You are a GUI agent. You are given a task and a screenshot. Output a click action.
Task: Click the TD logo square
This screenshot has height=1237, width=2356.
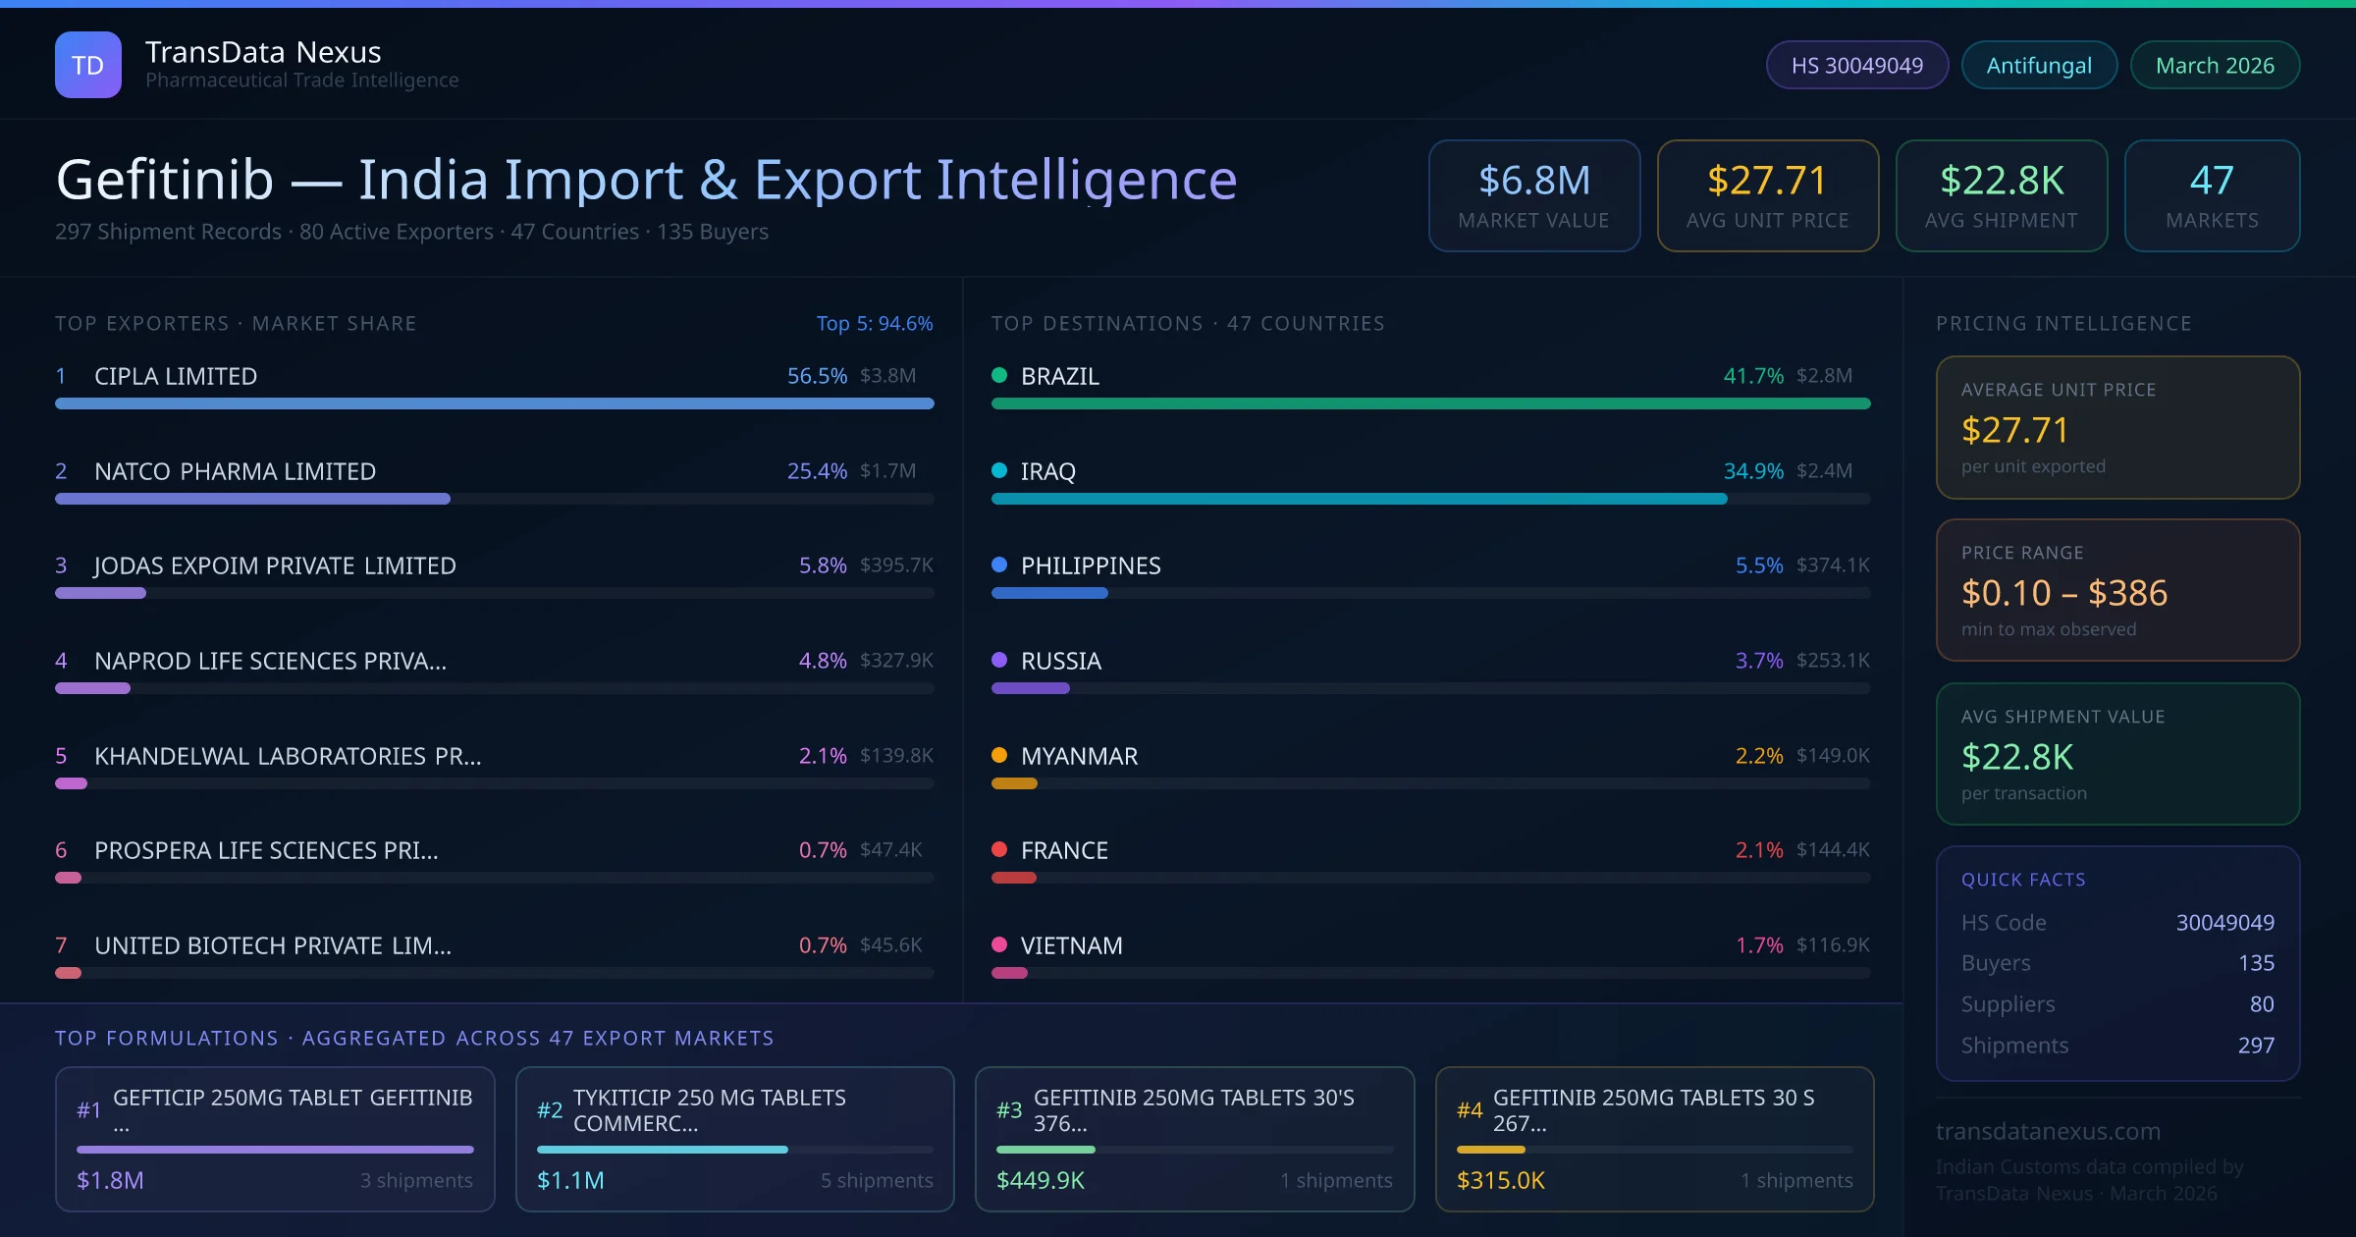coord(88,65)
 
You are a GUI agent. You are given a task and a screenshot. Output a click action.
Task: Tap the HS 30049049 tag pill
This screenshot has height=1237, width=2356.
coord(1856,65)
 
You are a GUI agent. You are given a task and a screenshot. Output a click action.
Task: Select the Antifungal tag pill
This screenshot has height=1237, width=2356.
coord(2039,65)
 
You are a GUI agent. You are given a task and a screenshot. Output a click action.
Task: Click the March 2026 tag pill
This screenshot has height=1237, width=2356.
coord(2215,65)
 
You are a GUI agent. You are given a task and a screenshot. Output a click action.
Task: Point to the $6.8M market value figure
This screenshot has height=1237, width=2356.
coord(1533,181)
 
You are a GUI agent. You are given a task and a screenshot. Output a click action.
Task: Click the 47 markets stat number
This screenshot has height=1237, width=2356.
coord(2212,181)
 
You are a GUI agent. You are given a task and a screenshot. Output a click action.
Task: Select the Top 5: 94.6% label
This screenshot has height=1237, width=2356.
coord(874,323)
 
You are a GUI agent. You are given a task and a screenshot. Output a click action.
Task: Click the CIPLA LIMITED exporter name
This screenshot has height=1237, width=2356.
coord(176,376)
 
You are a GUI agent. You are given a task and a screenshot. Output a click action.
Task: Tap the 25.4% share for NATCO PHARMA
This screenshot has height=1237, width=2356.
coord(817,471)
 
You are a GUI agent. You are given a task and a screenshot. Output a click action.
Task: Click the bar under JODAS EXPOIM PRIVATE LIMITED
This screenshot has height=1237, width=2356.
coord(100,593)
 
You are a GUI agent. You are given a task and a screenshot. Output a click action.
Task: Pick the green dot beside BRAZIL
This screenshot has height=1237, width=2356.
coord(999,375)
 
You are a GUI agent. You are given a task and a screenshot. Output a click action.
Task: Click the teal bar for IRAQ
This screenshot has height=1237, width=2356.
coord(1359,499)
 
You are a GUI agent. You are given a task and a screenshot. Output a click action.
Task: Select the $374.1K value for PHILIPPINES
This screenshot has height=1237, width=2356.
coord(1833,565)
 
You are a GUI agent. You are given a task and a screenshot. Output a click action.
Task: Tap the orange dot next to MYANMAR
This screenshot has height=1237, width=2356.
coord(999,755)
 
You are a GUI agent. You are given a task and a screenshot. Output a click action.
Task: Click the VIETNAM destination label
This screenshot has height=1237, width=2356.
coord(1071,945)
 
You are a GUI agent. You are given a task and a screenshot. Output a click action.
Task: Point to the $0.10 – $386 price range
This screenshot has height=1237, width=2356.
coord(2063,593)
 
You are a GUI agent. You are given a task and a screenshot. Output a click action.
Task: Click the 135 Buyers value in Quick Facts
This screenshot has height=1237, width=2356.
coord(2256,963)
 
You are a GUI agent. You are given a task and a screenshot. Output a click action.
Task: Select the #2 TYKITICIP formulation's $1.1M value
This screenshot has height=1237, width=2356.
coord(570,1180)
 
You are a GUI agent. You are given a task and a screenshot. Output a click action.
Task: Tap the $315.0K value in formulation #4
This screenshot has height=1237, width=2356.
coord(1500,1180)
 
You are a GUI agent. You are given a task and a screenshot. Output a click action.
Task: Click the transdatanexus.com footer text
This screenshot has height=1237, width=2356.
coord(2048,1131)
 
